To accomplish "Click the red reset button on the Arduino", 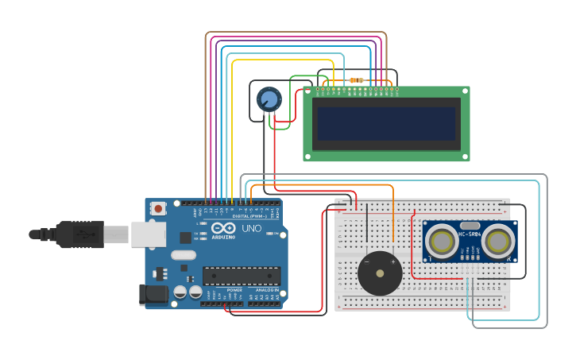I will tap(158, 209).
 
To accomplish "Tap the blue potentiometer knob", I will tap(269, 99).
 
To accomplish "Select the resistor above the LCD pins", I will tap(356, 80).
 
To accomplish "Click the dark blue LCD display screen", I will tap(386, 123).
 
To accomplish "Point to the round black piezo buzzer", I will tap(380, 273).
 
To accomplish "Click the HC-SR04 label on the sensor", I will tap(470, 234).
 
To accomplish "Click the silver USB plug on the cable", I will tap(116, 234).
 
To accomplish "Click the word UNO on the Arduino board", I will tap(251, 228).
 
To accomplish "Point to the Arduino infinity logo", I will tap(223, 228).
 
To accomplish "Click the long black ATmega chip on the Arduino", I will tap(241, 276).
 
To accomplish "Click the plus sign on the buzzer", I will tap(392, 261).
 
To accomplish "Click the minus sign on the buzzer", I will tap(367, 261).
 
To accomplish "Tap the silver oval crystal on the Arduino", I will tap(183, 255).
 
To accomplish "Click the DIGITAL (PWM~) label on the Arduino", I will tap(249, 215).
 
